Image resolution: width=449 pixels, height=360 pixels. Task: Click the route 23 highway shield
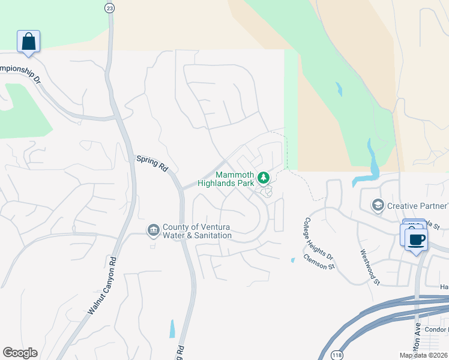coord(109,7)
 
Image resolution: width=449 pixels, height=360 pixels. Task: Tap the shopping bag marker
coord(28,41)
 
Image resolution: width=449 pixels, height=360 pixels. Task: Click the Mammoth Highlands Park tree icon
coord(262,177)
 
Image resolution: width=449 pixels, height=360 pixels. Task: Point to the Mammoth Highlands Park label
coord(236,179)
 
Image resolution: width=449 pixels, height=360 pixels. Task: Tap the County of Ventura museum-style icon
coord(153,230)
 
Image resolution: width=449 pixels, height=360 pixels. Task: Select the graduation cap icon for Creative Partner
coord(378,206)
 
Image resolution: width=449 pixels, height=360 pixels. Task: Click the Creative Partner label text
coord(417,206)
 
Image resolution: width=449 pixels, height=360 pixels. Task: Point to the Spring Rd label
coord(152,164)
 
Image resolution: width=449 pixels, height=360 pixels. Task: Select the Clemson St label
coord(319,262)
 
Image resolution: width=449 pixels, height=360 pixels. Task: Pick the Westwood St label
coord(370,267)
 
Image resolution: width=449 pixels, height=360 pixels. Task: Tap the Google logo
coord(20,352)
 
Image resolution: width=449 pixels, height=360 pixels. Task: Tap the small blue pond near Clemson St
coord(292,260)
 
